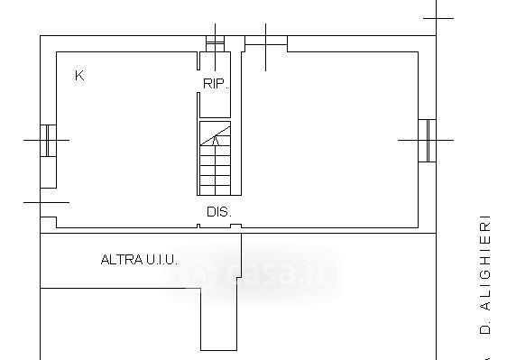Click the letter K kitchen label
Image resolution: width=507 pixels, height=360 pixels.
79,76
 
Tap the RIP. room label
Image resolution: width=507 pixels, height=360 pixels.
216,84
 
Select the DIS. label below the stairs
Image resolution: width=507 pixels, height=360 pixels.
219,212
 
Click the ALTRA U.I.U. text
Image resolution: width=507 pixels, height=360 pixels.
139,260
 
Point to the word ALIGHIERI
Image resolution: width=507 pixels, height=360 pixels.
484,263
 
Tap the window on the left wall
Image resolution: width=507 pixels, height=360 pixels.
48,141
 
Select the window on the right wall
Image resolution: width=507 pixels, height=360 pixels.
427,141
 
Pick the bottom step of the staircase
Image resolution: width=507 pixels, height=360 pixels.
215,190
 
